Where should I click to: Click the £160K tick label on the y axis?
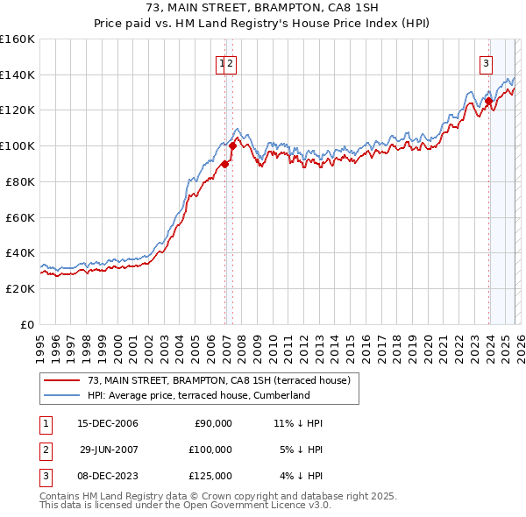(x=17, y=39)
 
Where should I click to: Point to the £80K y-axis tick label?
(x=19, y=181)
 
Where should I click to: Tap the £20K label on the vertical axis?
(x=19, y=288)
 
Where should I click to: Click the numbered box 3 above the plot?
(x=485, y=62)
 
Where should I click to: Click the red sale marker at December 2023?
(x=488, y=101)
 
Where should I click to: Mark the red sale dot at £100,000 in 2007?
(x=232, y=145)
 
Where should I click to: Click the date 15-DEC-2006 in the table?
(x=107, y=423)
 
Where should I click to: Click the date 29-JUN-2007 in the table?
(x=107, y=450)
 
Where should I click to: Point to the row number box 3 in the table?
(x=44, y=476)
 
